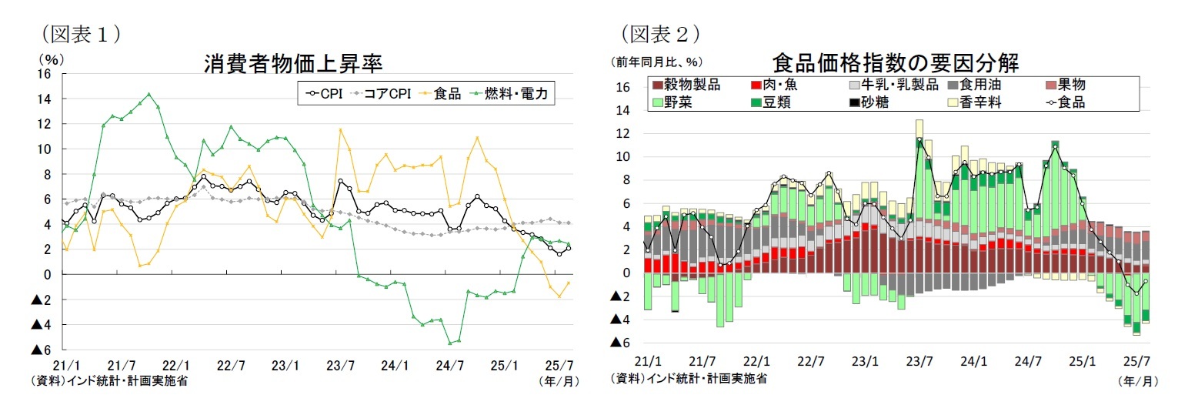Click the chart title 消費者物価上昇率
point(293,62)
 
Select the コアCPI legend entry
point(385,94)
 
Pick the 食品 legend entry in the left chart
point(448,94)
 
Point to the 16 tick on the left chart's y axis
point(44,74)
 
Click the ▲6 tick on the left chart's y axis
point(40,350)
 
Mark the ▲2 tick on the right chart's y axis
point(621,296)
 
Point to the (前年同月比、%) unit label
point(656,62)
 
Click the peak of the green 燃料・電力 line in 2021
point(148,95)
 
